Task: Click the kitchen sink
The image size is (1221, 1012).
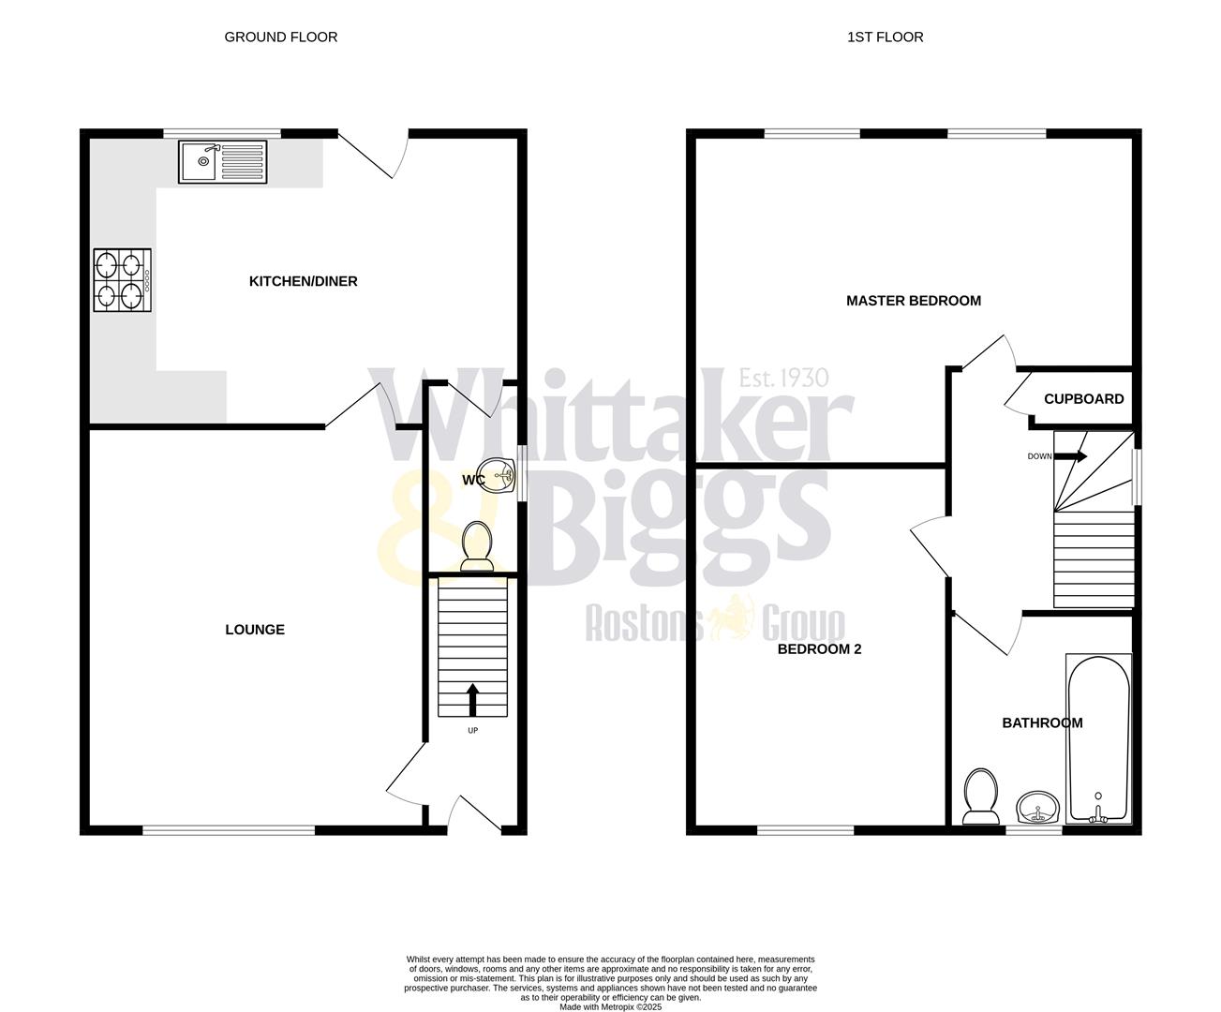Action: click(223, 161)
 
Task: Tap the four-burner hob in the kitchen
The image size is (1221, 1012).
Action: click(122, 279)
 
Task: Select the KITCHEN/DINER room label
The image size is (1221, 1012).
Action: click(303, 281)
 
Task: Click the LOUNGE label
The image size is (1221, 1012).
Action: click(255, 630)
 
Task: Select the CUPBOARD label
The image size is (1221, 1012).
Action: click(1083, 399)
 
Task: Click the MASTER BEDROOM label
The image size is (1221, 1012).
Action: click(914, 301)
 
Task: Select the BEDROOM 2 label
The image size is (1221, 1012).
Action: click(819, 647)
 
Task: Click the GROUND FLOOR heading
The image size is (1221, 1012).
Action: click(281, 37)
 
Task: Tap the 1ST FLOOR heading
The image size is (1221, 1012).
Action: click(886, 37)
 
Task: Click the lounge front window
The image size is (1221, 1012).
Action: click(229, 828)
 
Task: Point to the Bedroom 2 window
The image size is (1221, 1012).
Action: click(806, 828)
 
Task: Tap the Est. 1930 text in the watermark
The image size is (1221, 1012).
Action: click(783, 378)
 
